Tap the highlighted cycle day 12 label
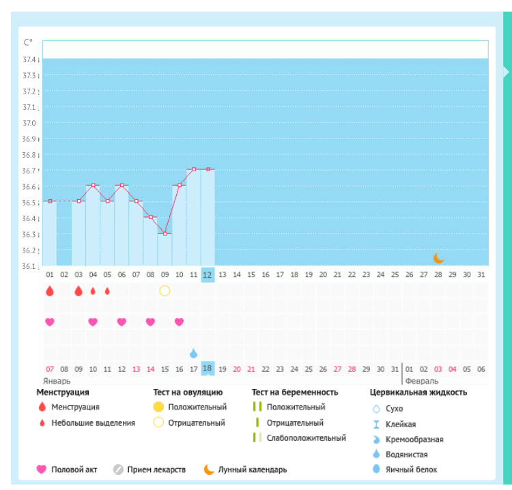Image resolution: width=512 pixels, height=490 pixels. pos(208,274)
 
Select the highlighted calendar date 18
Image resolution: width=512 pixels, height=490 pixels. pos(208,369)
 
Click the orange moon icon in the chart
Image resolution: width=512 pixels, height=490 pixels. pos(439,258)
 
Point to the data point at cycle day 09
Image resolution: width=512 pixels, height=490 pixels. pos(165,233)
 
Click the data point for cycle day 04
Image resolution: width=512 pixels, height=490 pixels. pos(93,185)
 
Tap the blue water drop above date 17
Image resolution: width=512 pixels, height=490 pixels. pos(193,353)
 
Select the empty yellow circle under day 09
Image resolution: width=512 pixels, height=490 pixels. pos(165,291)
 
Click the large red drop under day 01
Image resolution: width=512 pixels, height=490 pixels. pos(50,291)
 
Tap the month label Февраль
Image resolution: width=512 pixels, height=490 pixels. pos(421,381)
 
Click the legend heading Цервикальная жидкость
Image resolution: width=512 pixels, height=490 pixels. pos(418,392)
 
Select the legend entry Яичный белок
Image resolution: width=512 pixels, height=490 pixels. pos(411,470)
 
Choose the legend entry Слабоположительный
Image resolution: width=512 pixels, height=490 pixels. pos(306,437)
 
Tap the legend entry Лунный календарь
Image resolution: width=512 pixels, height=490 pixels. pos(253,470)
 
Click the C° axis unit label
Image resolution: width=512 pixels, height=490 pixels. pos(28,42)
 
